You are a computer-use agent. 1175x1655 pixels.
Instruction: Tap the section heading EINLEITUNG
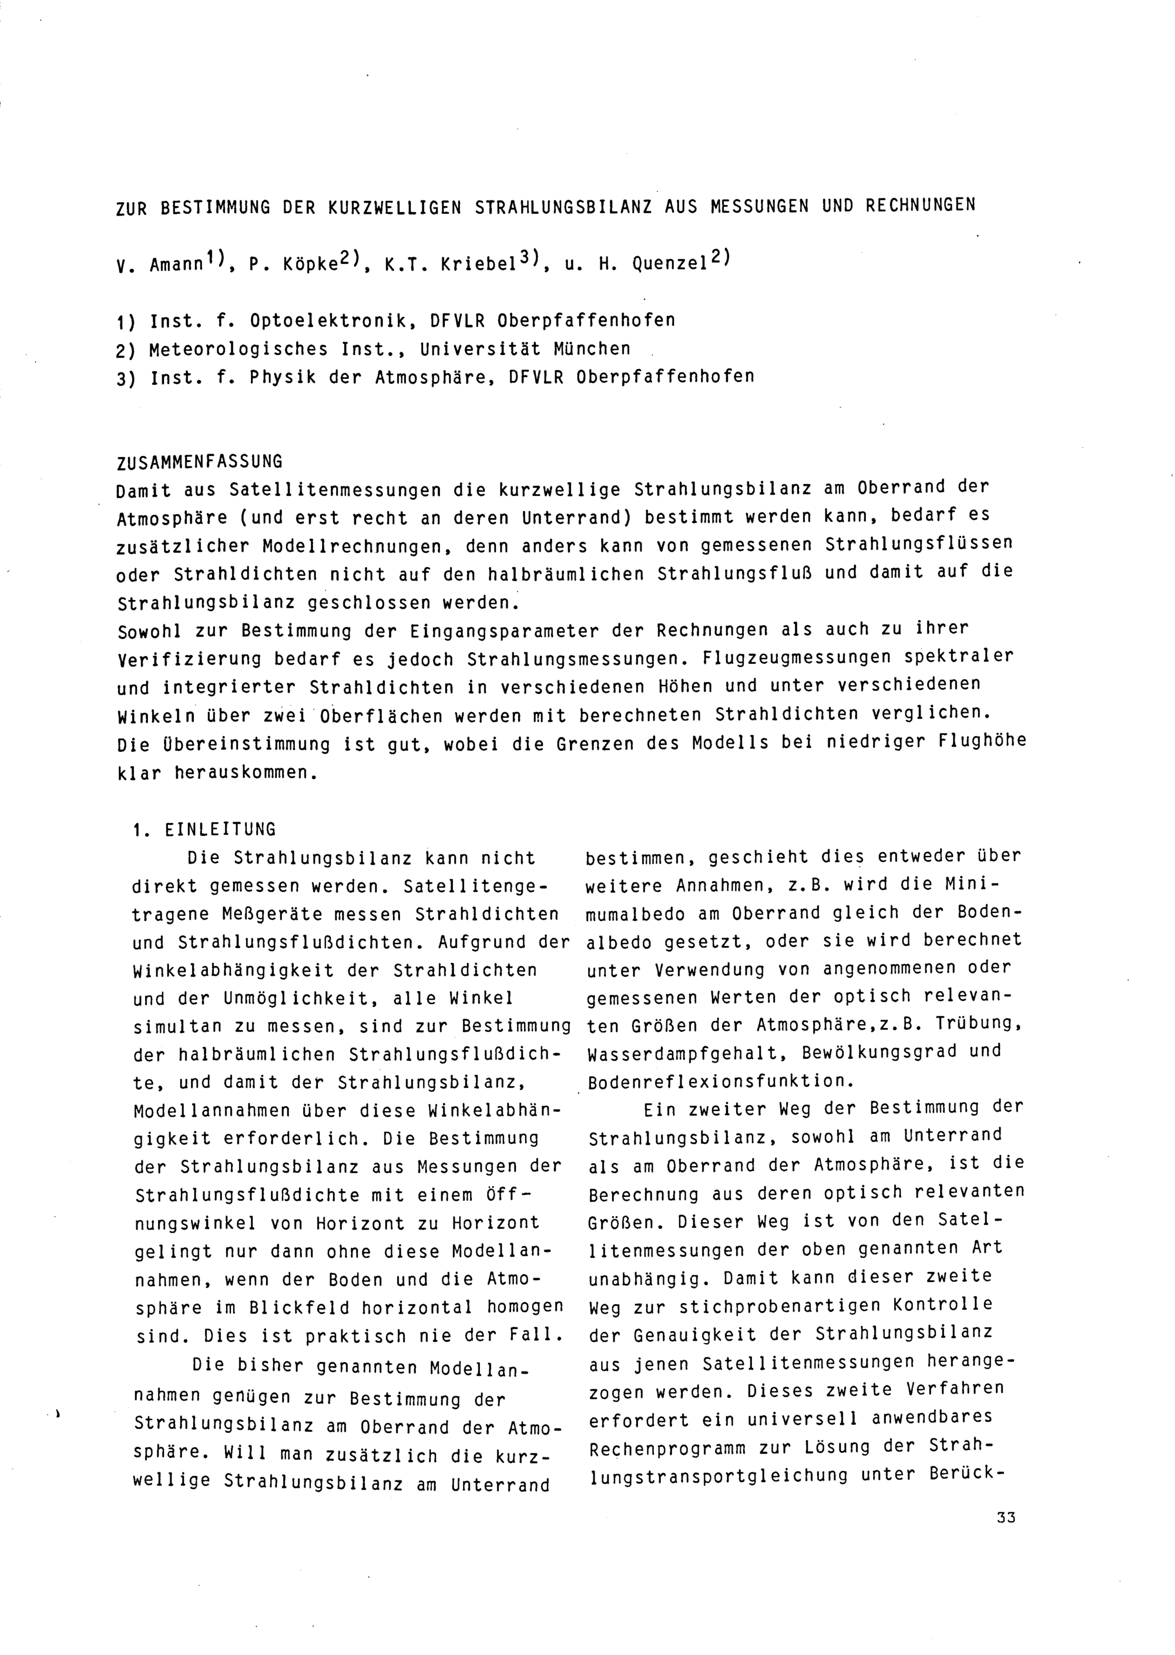coord(221,830)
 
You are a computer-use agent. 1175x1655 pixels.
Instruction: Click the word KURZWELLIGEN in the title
coord(394,207)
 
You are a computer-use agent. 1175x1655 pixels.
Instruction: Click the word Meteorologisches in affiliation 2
coord(239,350)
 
